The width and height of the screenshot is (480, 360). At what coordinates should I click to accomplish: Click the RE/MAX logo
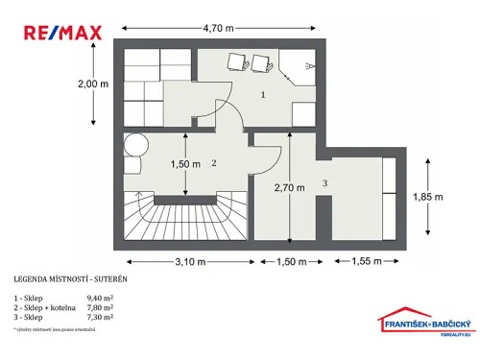coord(61,33)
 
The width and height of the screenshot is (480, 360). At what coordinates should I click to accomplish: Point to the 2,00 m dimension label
coord(94,84)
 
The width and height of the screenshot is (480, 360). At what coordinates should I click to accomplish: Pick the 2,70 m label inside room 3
coord(289,187)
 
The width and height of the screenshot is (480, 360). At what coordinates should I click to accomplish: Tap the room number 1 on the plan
coord(263,96)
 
